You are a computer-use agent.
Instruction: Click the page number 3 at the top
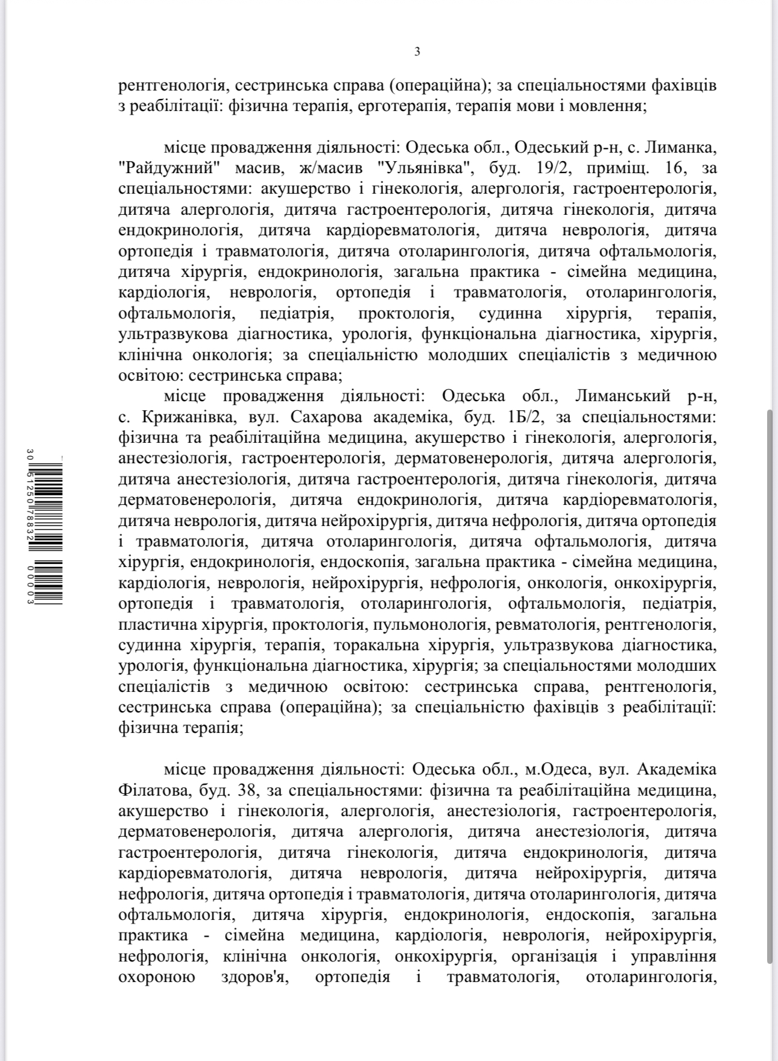point(417,52)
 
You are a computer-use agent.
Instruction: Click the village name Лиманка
point(685,147)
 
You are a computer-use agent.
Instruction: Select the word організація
point(554,956)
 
